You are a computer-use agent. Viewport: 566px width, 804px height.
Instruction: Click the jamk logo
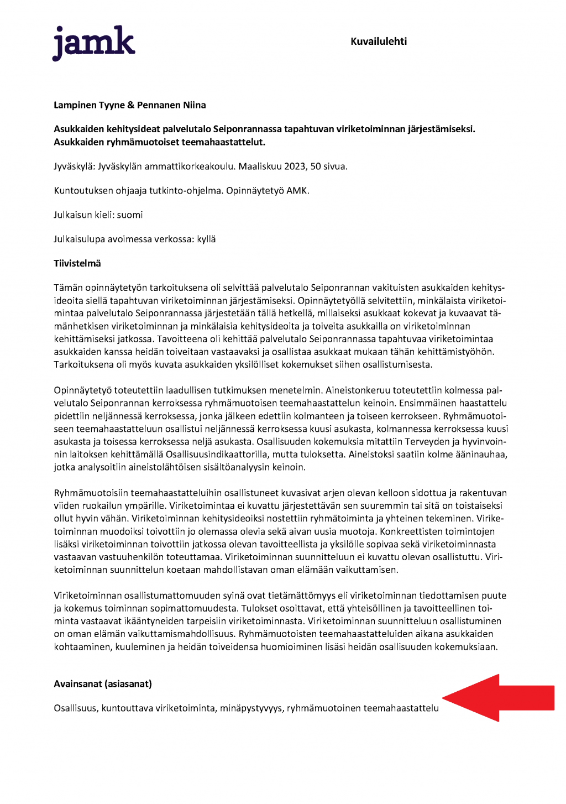(x=93, y=43)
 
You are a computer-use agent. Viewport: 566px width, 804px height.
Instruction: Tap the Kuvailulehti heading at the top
(x=379, y=41)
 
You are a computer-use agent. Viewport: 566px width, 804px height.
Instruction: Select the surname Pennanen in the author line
(x=159, y=105)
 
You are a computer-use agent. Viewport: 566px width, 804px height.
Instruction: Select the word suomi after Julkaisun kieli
(x=130, y=215)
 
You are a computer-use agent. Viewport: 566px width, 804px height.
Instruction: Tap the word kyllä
(x=206, y=239)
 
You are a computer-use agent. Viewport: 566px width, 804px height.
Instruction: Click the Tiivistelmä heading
(x=77, y=264)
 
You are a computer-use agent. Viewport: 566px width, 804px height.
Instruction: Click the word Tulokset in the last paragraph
(x=259, y=608)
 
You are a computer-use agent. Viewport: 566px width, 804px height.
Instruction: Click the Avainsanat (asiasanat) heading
(x=103, y=684)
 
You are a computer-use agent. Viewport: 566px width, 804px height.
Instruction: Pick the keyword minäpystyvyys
(x=251, y=708)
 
